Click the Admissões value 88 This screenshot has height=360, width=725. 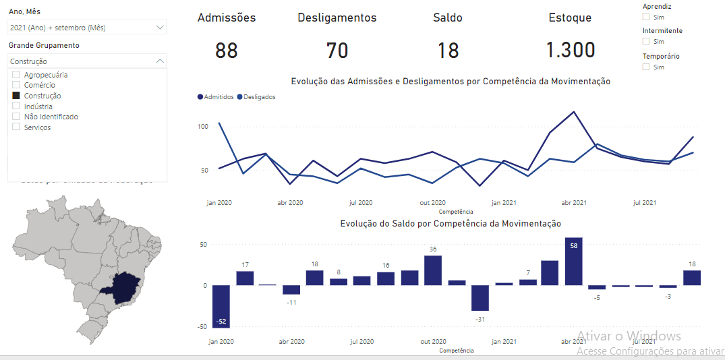click(x=227, y=51)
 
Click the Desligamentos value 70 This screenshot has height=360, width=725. click(x=337, y=51)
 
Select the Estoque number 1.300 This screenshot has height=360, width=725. click(x=570, y=51)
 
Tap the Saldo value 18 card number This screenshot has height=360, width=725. click(x=448, y=51)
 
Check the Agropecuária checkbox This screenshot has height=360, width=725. click(x=16, y=75)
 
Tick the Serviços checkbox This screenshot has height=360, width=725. click(x=16, y=127)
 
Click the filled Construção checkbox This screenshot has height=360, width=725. click(x=16, y=96)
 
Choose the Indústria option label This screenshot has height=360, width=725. click(x=38, y=107)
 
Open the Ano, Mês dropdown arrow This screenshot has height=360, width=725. click(x=160, y=28)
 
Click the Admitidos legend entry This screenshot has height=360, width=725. click(x=216, y=97)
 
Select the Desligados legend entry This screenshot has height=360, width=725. click(x=258, y=97)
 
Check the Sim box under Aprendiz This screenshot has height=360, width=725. click(x=646, y=17)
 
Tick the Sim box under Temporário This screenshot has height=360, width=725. click(x=646, y=67)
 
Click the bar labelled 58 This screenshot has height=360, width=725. click(x=573, y=262)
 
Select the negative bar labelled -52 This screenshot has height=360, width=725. click(x=221, y=307)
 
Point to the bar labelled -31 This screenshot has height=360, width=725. click(x=480, y=298)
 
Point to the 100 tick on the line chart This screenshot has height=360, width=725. click(x=202, y=127)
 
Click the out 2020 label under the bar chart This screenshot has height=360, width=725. click(x=432, y=342)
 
